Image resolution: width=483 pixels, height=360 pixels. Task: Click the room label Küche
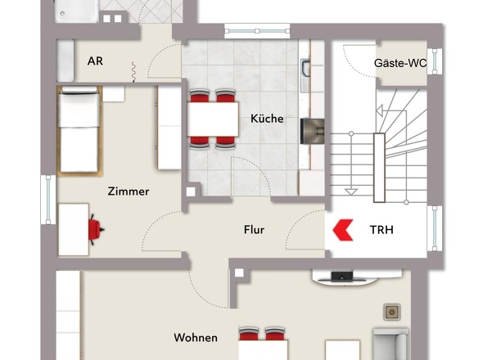pos(267,119)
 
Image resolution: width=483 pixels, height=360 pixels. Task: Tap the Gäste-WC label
pos(400,63)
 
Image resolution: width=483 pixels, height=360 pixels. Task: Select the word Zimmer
pos(129,191)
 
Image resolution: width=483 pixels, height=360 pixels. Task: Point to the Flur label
pos(254,230)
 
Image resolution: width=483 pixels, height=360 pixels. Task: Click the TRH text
pos(381,230)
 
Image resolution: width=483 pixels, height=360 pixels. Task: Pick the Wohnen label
pos(196,338)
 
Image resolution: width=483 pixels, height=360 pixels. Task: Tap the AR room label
pos(95,61)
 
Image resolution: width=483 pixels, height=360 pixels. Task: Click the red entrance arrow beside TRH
pos(343,230)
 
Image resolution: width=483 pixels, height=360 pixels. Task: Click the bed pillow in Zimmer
pos(79,89)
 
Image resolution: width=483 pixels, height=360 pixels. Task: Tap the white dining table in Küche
pos(213,119)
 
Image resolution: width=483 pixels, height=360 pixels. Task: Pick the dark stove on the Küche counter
pos(312,131)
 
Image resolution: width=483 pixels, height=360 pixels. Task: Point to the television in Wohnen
pos(342,277)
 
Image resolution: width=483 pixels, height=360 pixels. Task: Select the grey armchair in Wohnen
pos(390,344)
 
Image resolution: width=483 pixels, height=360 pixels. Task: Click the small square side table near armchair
pos(392,313)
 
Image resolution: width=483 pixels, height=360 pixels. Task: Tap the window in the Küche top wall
pos(257,31)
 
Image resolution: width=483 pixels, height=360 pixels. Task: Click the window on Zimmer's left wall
pos(48,200)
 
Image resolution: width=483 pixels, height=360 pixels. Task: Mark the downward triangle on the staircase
pos(351,192)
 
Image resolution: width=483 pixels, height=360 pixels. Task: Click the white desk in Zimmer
pos(74,229)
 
